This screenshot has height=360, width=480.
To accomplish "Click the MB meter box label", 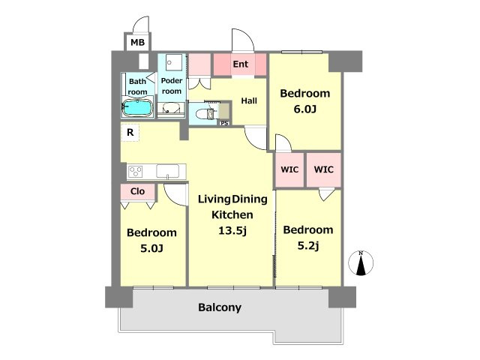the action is pyautogui.click(x=137, y=42).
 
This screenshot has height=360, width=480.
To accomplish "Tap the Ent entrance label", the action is pyautogui.click(x=240, y=64).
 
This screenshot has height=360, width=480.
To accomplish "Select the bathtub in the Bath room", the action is pyautogui.click(x=138, y=107).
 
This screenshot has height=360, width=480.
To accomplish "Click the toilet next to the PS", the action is pyautogui.click(x=204, y=114).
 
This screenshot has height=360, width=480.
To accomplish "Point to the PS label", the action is pyautogui.click(x=224, y=123).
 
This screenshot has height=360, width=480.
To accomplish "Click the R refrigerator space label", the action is pyautogui.click(x=130, y=132).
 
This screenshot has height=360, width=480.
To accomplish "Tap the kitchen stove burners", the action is pyautogui.click(x=135, y=172).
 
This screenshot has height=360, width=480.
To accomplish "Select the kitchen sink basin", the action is pyautogui.click(x=168, y=171).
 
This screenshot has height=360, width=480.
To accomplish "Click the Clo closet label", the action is pyautogui.click(x=137, y=191).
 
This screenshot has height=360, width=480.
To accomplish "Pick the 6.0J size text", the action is pyautogui.click(x=305, y=109).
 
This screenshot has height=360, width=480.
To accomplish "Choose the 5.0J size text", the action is pyautogui.click(x=151, y=248).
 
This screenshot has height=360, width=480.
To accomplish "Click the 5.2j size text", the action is pyautogui.click(x=308, y=245).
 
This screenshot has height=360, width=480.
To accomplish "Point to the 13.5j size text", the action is pyautogui.click(x=232, y=230).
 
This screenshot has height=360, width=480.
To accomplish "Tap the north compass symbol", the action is pyautogui.click(x=361, y=263).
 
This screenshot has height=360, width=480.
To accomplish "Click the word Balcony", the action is pyautogui.click(x=220, y=307).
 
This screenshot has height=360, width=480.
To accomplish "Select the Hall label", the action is pyautogui.click(x=249, y=100).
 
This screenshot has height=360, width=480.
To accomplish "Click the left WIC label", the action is pyautogui.click(x=289, y=169).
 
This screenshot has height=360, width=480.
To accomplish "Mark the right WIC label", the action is pyautogui.click(x=324, y=169).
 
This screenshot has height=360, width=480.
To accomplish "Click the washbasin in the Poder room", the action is pyautogui.click(x=171, y=108).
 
